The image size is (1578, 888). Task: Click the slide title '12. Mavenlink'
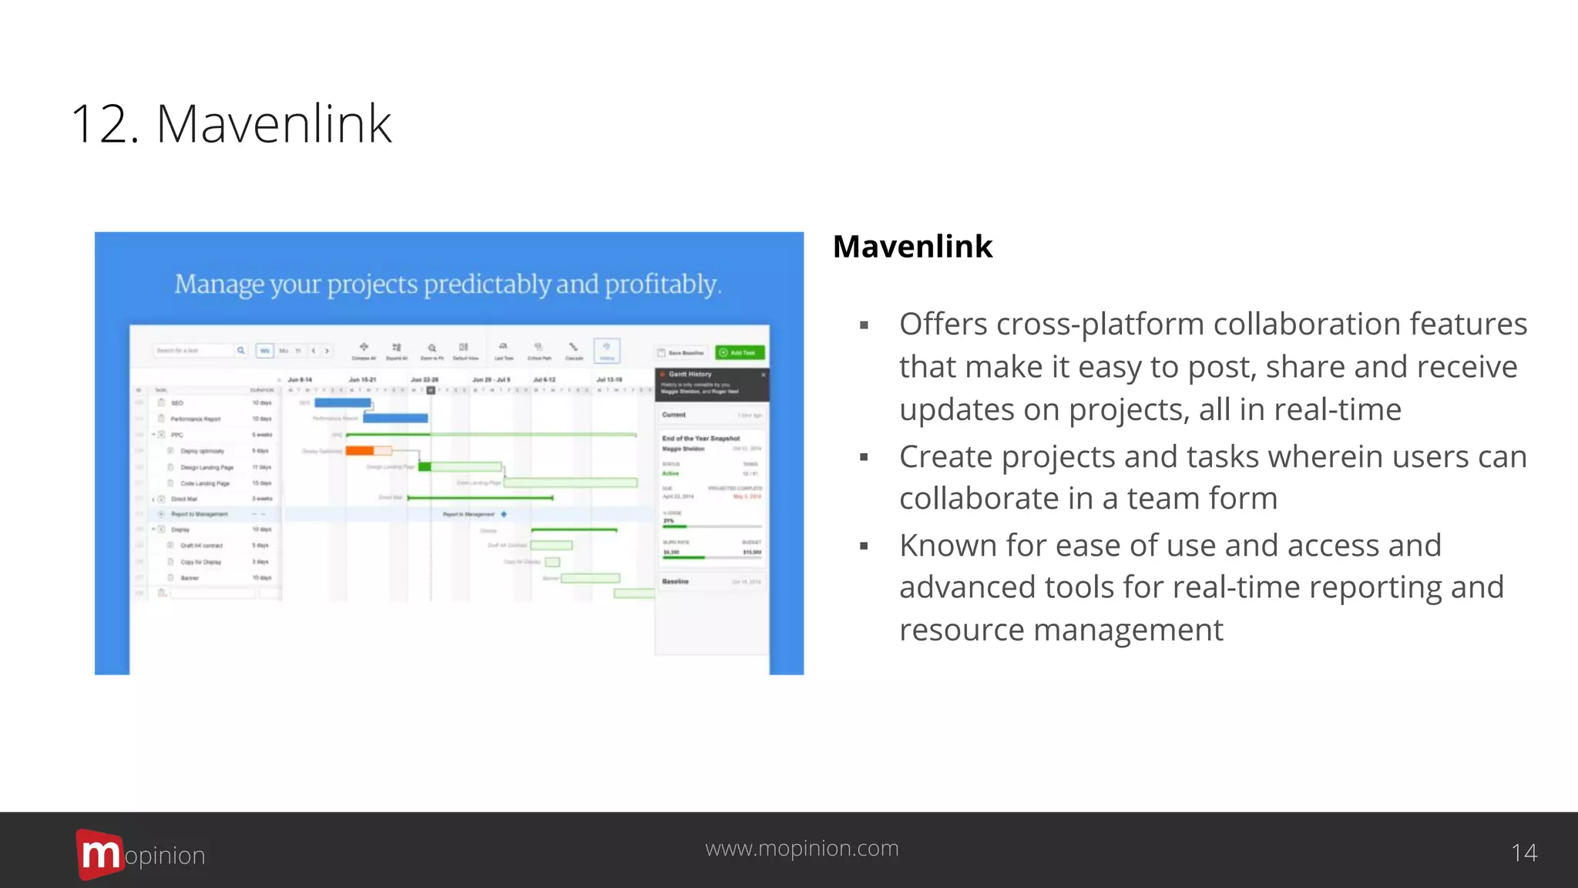pyautogui.click(x=231, y=123)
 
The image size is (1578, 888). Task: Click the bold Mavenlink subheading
pyautogui.click(x=912, y=247)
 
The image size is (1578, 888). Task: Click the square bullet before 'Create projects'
pyautogui.click(x=864, y=458)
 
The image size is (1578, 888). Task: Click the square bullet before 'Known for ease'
pyautogui.click(x=864, y=547)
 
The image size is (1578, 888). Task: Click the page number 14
pyautogui.click(x=1523, y=853)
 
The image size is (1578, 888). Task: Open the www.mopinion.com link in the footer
pyautogui.click(x=801, y=848)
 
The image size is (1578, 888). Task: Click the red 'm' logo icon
pyautogui.click(x=99, y=854)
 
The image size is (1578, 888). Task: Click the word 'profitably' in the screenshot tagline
pyautogui.click(x=661, y=284)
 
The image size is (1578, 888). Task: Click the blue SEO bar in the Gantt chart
pyautogui.click(x=342, y=402)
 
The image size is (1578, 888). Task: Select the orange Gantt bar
pyautogui.click(x=360, y=451)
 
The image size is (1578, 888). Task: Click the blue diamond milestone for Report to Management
pyautogui.click(x=504, y=514)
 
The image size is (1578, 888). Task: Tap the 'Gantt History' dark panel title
pyautogui.click(x=690, y=374)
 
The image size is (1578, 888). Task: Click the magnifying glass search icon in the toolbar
pyautogui.click(x=240, y=351)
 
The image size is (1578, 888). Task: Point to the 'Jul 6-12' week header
pyautogui.click(x=544, y=380)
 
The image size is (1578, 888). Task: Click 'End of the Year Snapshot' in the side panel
pyautogui.click(x=700, y=438)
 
